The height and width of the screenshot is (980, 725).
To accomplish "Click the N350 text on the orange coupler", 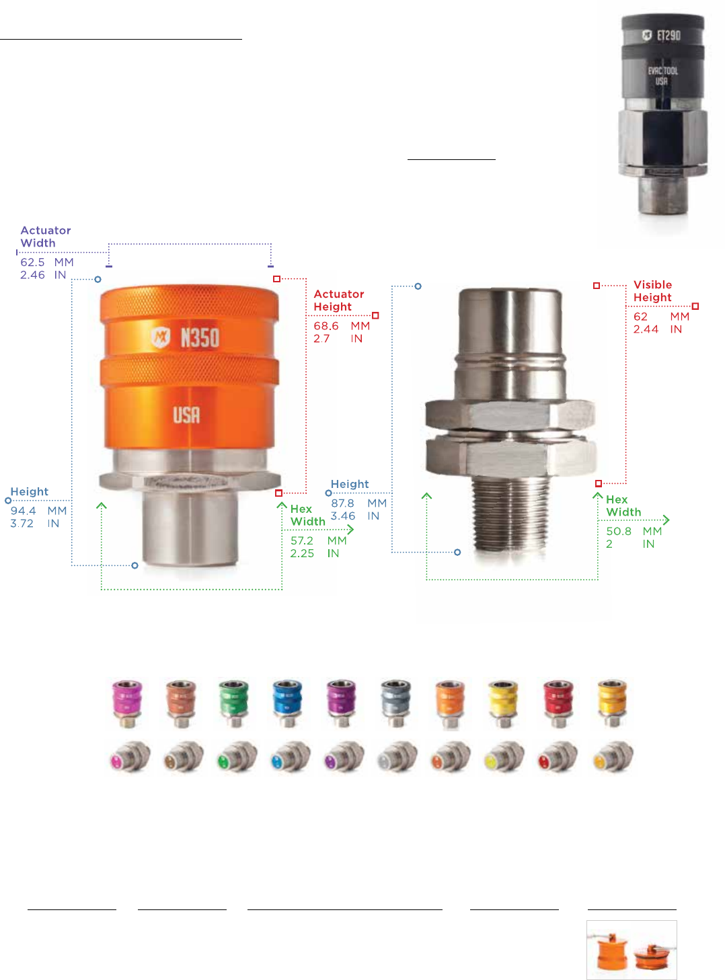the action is (200, 338).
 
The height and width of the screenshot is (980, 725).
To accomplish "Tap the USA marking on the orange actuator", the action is (186, 415).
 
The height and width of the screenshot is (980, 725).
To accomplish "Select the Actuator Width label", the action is (46, 237).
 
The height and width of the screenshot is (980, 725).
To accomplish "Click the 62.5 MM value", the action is (47, 262).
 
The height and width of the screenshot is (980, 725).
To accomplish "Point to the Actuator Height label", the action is (339, 300).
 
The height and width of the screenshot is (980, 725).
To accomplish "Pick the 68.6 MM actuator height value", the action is (341, 325).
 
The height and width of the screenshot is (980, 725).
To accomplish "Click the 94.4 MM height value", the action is (38, 510).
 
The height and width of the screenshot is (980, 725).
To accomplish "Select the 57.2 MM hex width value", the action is (318, 540).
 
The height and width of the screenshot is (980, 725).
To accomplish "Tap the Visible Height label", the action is (652, 291).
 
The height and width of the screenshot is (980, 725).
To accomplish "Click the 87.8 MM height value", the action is (358, 503).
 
